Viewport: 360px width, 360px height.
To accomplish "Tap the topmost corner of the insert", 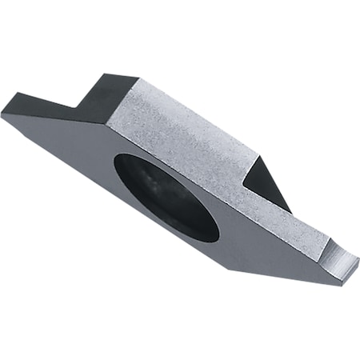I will pyautogui.click(x=106, y=74).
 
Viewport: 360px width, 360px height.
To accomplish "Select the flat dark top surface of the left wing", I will pyautogui.click(x=40, y=102).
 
